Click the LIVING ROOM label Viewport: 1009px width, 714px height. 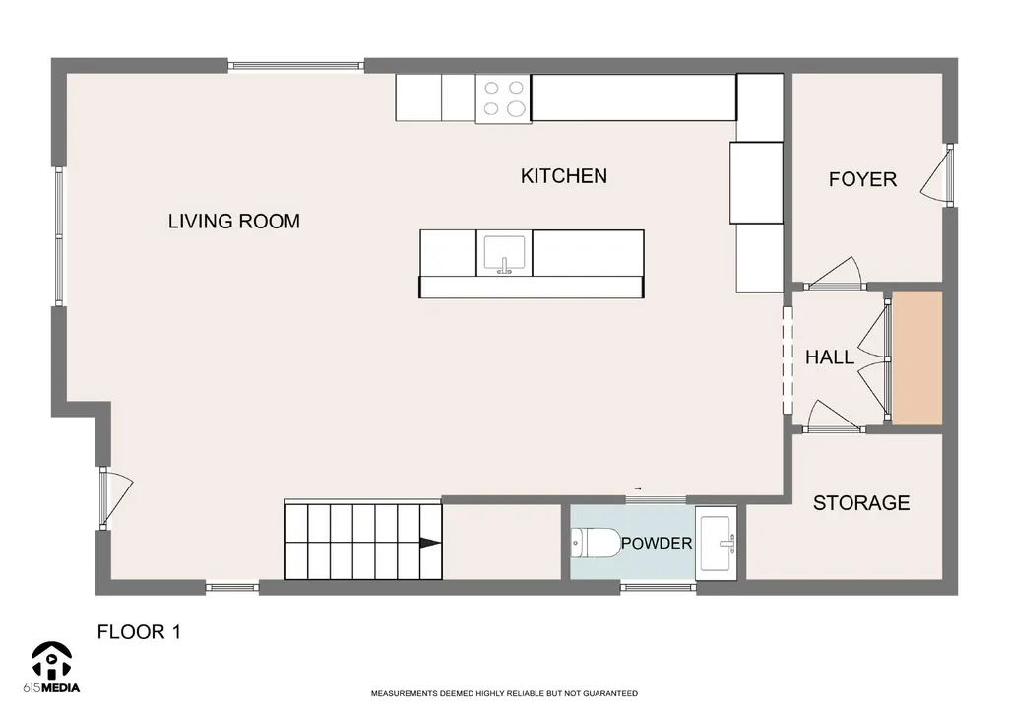pos(233,222)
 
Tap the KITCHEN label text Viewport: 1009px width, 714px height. pos(564,176)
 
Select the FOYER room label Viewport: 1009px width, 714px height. pos(862,179)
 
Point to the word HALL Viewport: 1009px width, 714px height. pos(830,357)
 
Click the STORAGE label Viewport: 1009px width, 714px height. pos(861,503)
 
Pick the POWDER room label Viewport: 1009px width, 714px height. pos(657,544)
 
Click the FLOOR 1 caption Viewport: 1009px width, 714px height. pos(139,632)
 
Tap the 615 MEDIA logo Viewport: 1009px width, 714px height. pos(51,668)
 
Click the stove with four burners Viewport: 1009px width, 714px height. pos(503,98)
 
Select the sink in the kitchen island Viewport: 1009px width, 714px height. pos(504,253)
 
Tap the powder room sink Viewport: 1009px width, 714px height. pos(717,543)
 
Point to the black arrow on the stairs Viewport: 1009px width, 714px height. pos(430,543)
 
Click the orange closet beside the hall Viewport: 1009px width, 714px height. pos(917,357)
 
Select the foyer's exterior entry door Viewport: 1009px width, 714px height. pos(937,175)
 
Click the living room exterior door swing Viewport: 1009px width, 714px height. pos(116,499)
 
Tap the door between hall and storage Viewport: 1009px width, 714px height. pos(834,417)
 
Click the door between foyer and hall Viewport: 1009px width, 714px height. pos(834,274)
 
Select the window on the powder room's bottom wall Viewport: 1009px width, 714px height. pos(659,587)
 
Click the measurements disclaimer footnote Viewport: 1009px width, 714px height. pos(504,694)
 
